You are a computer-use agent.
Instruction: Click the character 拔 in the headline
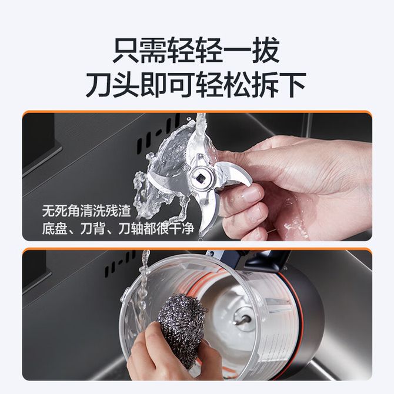[x=266, y=50]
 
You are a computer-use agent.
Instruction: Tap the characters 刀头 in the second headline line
[x=113, y=85]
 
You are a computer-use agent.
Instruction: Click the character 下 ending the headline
[x=292, y=85]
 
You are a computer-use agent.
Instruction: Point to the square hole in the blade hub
[x=201, y=179]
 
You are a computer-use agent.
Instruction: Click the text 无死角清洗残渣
[x=86, y=211]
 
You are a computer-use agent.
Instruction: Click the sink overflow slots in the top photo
[x=158, y=135]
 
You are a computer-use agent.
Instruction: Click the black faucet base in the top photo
[x=40, y=143]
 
